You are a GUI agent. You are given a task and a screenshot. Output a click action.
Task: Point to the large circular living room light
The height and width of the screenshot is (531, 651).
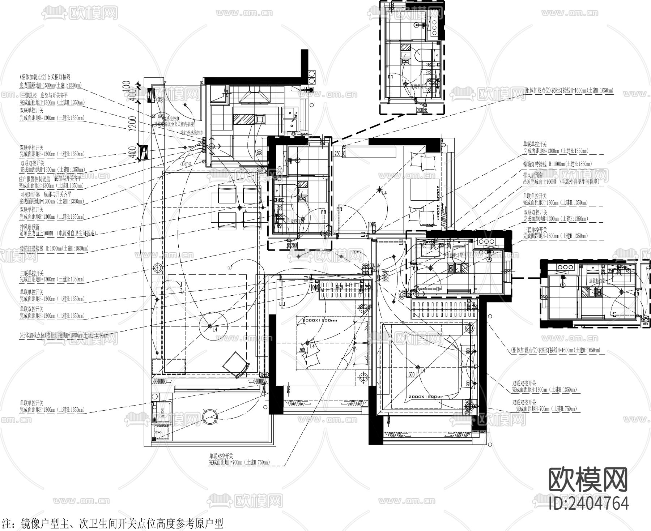(x=210, y=326)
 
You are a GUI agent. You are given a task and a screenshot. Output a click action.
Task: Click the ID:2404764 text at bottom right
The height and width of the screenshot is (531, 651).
(x=588, y=502)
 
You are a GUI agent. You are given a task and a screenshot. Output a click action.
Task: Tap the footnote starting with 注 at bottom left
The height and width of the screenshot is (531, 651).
(x=112, y=523)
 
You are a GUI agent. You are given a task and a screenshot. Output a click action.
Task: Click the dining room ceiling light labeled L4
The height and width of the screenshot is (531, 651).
(x=239, y=207)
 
